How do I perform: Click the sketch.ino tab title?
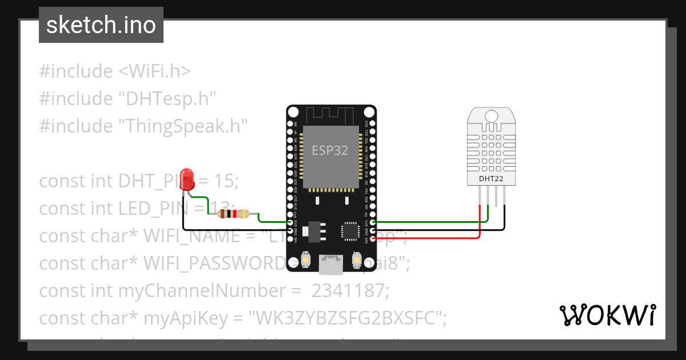[101, 25]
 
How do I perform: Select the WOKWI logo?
[607, 315]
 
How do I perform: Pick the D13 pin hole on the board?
[290, 222]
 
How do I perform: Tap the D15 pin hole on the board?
[373, 222]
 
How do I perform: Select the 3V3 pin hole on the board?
[373, 238]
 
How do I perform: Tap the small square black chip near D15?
[350, 231]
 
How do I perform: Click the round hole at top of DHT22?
[492, 116]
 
